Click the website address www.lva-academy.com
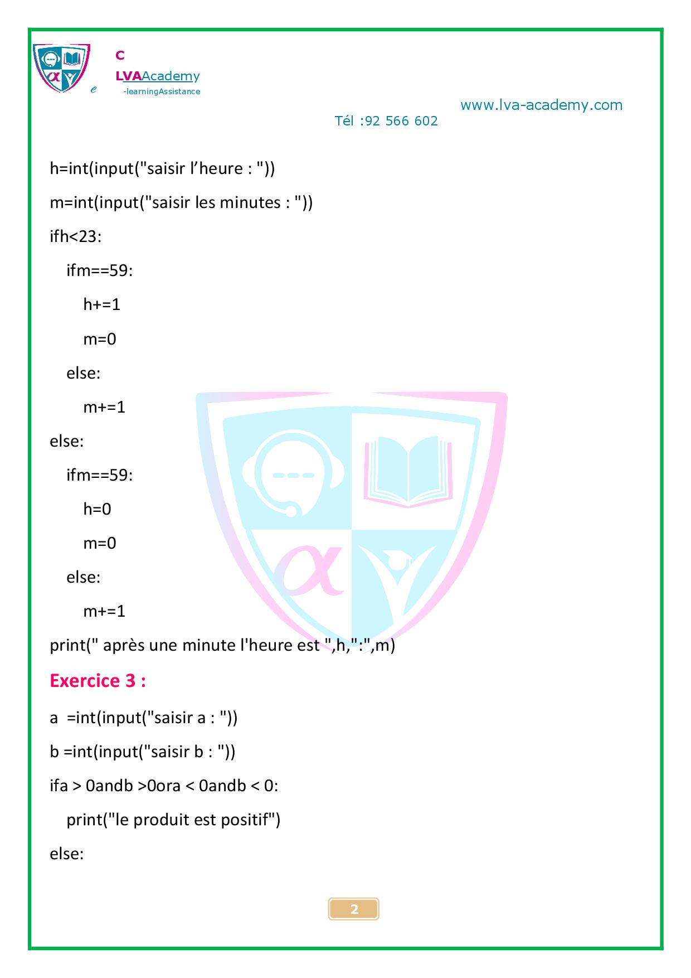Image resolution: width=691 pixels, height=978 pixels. (541, 105)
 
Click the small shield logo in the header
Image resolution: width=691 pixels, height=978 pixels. (61, 68)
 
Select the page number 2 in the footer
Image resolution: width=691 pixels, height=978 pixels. (354, 910)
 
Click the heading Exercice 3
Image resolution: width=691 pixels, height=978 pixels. (98, 681)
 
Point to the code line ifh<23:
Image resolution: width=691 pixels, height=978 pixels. (76, 236)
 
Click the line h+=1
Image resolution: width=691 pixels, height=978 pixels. (101, 304)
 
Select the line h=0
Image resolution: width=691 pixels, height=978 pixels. (97, 509)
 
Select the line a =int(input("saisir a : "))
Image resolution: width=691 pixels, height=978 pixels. (144, 718)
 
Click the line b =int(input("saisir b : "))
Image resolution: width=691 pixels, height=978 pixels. (143, 752)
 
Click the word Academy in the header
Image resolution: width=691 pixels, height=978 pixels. (171, 76)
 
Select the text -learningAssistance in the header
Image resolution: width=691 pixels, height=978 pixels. (162, 91)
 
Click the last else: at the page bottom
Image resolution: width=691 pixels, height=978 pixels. (67, 854)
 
